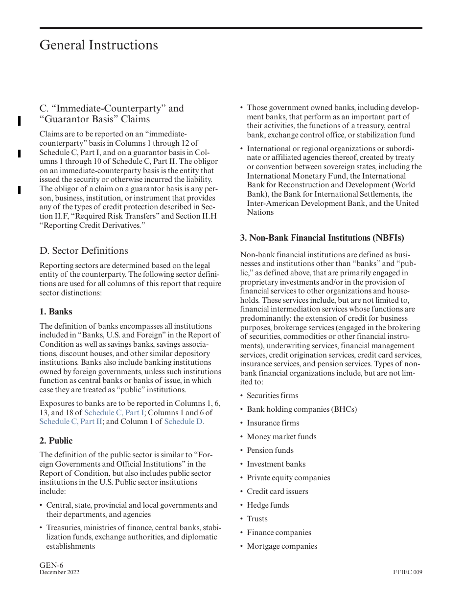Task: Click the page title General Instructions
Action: (x=98, y=45)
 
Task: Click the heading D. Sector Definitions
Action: (x=84, y=250)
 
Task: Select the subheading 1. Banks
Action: (x=56, y=312)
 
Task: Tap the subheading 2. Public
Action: (x=56, y=441)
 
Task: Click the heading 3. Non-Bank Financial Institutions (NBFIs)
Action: (x=322, y=238)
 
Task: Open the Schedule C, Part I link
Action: (x=114, y=412)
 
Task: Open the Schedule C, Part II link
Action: (x=71, y=421)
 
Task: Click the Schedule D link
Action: (x=183, y=421)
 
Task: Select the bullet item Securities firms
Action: (x=272, y=396)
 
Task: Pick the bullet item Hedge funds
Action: (x=268, y=505)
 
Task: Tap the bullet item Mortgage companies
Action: (x=282, y=546)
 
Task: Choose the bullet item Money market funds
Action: (x=281, y=437)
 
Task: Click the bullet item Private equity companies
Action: (x=288, y=478)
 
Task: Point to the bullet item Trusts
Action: (x=257, y=519)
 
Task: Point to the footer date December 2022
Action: (x=59, y=573)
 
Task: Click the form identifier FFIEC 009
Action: (x=407, y=573)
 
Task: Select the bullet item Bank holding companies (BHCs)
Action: (x=302, y=409)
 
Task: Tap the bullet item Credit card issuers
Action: (x=278, y=491)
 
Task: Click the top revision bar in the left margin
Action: (x=19, y=121)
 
